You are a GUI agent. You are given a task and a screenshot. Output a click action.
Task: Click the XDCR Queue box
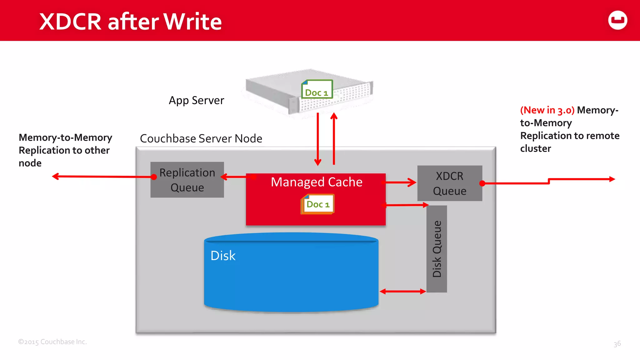coord(449,183)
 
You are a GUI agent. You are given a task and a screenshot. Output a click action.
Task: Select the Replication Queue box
coord(187,180)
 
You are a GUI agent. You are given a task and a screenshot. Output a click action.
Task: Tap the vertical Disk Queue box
coord(437,249)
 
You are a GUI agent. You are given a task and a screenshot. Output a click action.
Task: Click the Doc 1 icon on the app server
coord(317,90)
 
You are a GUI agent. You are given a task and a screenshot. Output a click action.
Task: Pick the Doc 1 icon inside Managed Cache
coord(318,204)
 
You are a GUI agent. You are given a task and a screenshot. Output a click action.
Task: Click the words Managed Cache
coord(316,182)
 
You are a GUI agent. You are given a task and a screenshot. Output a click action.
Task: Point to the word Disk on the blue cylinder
coord(223,256)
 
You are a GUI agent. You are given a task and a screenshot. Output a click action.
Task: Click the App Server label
coord(196,100)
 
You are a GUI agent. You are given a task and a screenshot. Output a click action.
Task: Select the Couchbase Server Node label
coord(201,138)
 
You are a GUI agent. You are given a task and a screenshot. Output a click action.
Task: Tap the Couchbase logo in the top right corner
coord(617,20)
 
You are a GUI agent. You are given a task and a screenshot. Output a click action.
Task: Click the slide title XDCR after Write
coord(130,22)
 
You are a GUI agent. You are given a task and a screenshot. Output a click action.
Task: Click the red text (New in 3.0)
coord(547,110)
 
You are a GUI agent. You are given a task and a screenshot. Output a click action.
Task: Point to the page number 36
coord(617,344)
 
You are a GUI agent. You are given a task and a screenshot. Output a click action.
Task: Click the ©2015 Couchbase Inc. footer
coord(52,342)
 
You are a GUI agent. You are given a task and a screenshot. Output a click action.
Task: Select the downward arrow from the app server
coord(318,139)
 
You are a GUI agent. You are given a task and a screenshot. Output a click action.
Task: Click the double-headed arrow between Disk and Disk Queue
coord(402,291)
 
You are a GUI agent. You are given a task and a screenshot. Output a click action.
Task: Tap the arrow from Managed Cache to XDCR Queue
coord(401,182)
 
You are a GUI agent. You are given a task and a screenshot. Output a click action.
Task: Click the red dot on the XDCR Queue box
coord(482,183)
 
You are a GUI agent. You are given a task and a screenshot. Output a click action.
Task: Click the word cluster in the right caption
coord(535,149)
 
